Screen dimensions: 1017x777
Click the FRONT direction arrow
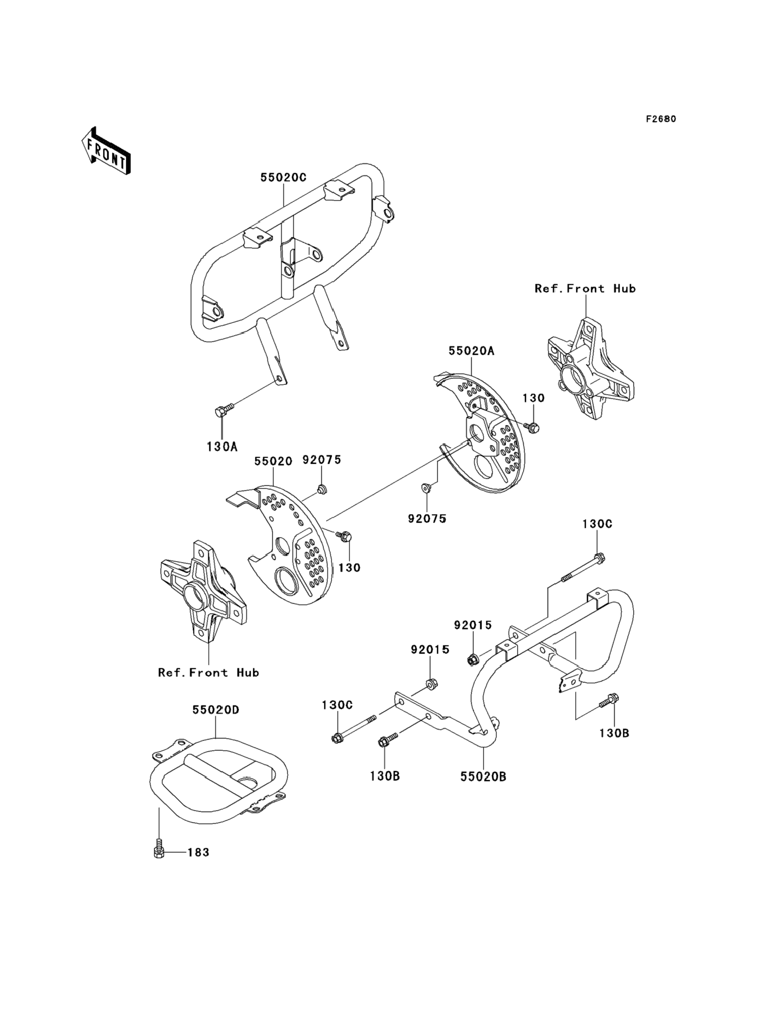(x=106, y=151)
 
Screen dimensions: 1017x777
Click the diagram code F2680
(x=661, y=119)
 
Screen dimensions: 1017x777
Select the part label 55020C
(x=283, y=177)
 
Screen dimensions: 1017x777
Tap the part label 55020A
(x=471, y=351)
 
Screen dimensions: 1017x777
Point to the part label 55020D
(x=215, y=710)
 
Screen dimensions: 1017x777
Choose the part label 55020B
(x=483, y=777)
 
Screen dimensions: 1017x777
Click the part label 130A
(x=222, y=446)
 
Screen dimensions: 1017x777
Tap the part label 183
(x=199, y=852)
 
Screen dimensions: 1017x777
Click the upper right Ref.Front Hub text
(x=585, y=288)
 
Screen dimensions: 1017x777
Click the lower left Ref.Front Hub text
(x=208, y=673)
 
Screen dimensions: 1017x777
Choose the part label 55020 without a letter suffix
(x=273, y=461)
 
